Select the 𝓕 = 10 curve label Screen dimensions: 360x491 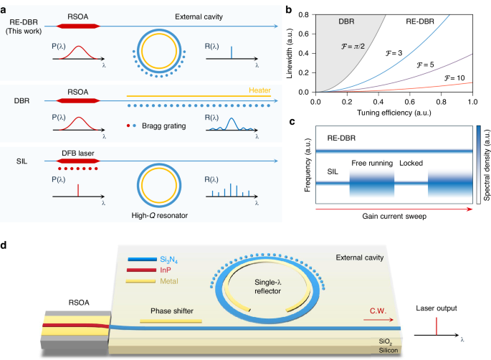454,77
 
